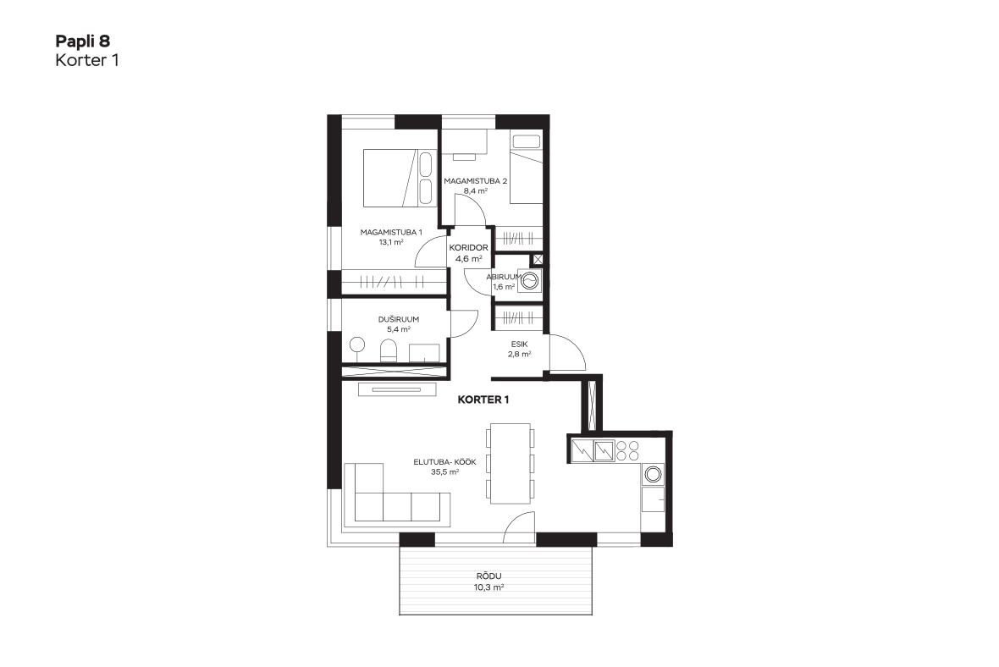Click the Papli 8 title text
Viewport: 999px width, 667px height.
pos(82,41)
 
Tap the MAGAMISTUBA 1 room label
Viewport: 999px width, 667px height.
pos(391,233)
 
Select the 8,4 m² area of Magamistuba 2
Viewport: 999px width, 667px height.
pos(476,190)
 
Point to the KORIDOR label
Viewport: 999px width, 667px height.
pos(469,248)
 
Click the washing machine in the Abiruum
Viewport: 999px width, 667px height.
pos(530,280)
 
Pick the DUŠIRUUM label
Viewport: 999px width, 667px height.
pos(399,319)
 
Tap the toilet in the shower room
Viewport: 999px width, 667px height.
pos(389,351)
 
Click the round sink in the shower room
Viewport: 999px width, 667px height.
pos(356,345)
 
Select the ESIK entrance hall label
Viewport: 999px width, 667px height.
pos(519,344)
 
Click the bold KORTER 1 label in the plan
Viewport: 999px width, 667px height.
pos(483,400)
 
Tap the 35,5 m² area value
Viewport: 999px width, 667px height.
pos(444,472)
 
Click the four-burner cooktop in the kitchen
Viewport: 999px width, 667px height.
pos(627,451)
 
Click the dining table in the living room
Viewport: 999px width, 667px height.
pos(511,464)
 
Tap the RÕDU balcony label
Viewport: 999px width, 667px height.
pos(489,576)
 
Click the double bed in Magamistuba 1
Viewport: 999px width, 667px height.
pos(400,178)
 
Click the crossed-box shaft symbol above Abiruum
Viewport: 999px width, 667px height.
pos(538,259)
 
